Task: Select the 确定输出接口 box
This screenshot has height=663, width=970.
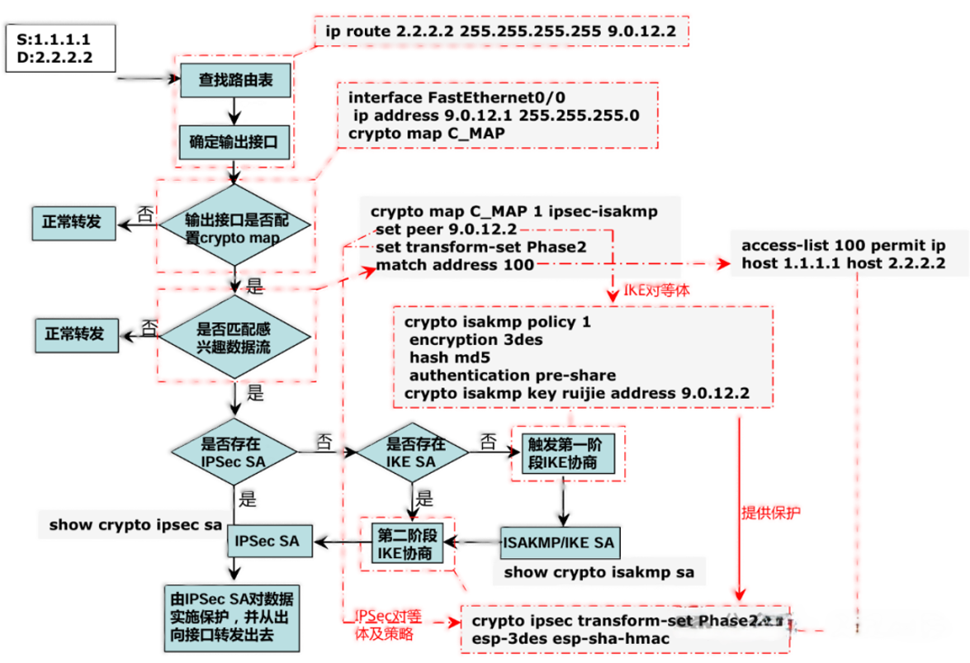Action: coord(235,142)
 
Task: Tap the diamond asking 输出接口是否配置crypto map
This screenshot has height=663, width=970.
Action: coord(235,225)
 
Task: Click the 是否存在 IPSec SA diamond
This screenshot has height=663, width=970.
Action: coord(235,452)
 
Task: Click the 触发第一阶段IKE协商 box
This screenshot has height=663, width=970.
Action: coord(567,452)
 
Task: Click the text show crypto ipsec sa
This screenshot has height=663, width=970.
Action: coord(135,524)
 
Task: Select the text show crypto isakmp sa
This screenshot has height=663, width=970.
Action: coord(599,571)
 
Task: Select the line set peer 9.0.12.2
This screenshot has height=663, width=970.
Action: coord(446,229)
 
